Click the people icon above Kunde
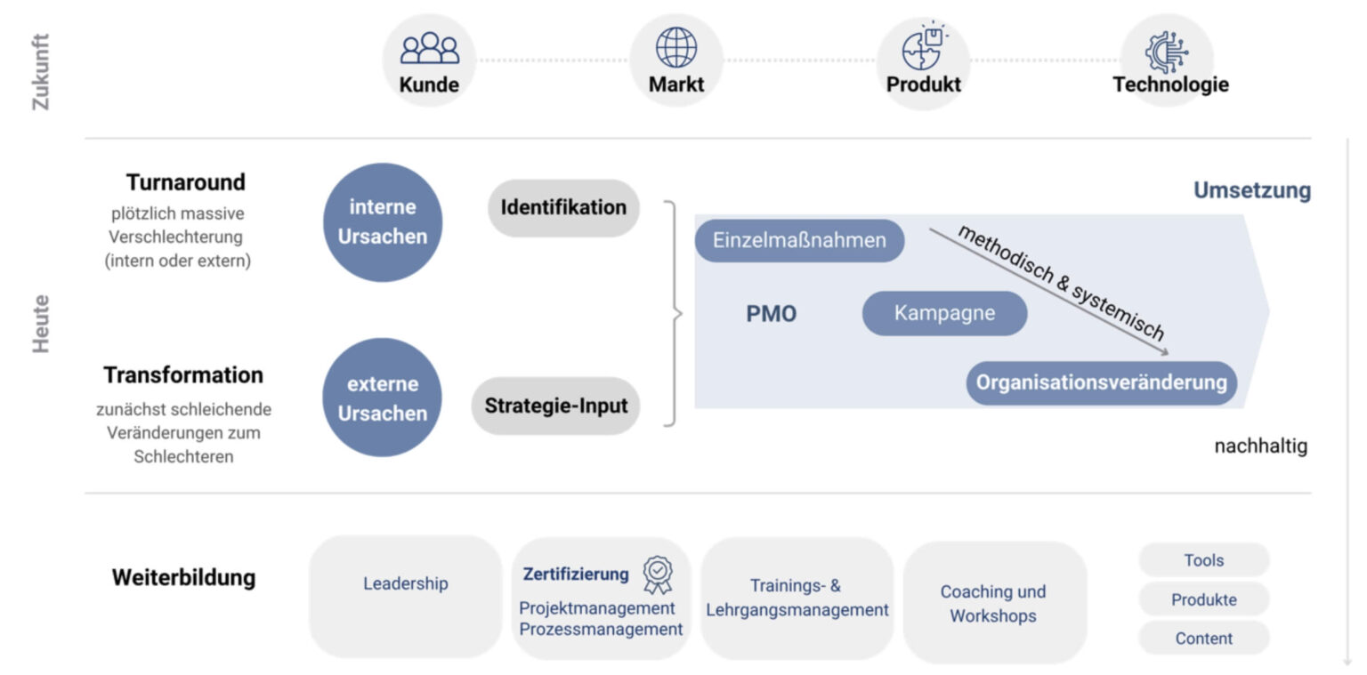pyautogui.click(x=429, y=48)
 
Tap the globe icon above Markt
pyautogui.click(x=676, y=47)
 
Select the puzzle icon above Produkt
pyautogui.click(x=922, y=47)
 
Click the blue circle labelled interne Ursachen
pyautogui.click(x=383, y=222)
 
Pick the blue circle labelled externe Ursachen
pyautogui.click(x=383, y=398)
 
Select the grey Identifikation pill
pyautogui.click(x=563, y=208)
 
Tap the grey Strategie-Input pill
pyautogui.click(x=556, y=406)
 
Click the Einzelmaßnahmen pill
pyautogui.click(x=799, y=240)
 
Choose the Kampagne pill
pyautogui.click(x=944, y=313)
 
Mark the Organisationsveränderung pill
pyautogui.click(x=1101, y=383)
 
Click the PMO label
pyautogui.click(x=771, y=314)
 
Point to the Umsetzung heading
pyautogui.click(x=1251, y=190)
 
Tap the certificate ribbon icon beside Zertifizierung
pyautogui.click(x=658, y=575)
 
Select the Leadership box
pyautogui.click(x=406, y=584)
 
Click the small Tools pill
pyautogui.click(x=1203, y=560)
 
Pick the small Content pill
pyautogui.click(x=1203, y=639)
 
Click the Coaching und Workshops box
pyautogui.click(x=993, y=603)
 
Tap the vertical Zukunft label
pyautogui.click(x=41, y=71)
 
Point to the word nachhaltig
pyautogui.click(x=1260, y=446)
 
